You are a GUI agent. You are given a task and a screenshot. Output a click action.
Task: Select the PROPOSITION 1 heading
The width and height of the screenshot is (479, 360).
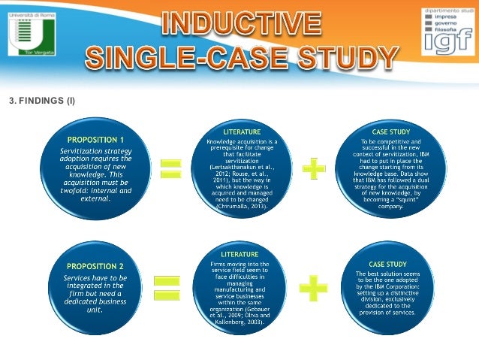pos(96,140)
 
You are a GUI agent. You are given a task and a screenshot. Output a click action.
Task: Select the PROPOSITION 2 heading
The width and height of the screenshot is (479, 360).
pos(96,266)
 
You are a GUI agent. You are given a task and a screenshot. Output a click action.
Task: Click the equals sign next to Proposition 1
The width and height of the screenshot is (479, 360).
pos(171,167)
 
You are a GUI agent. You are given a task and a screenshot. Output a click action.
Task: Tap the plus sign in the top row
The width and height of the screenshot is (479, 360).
pos(315,168)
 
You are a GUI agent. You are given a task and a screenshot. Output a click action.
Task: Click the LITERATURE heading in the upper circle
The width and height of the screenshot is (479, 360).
pos(242,132)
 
